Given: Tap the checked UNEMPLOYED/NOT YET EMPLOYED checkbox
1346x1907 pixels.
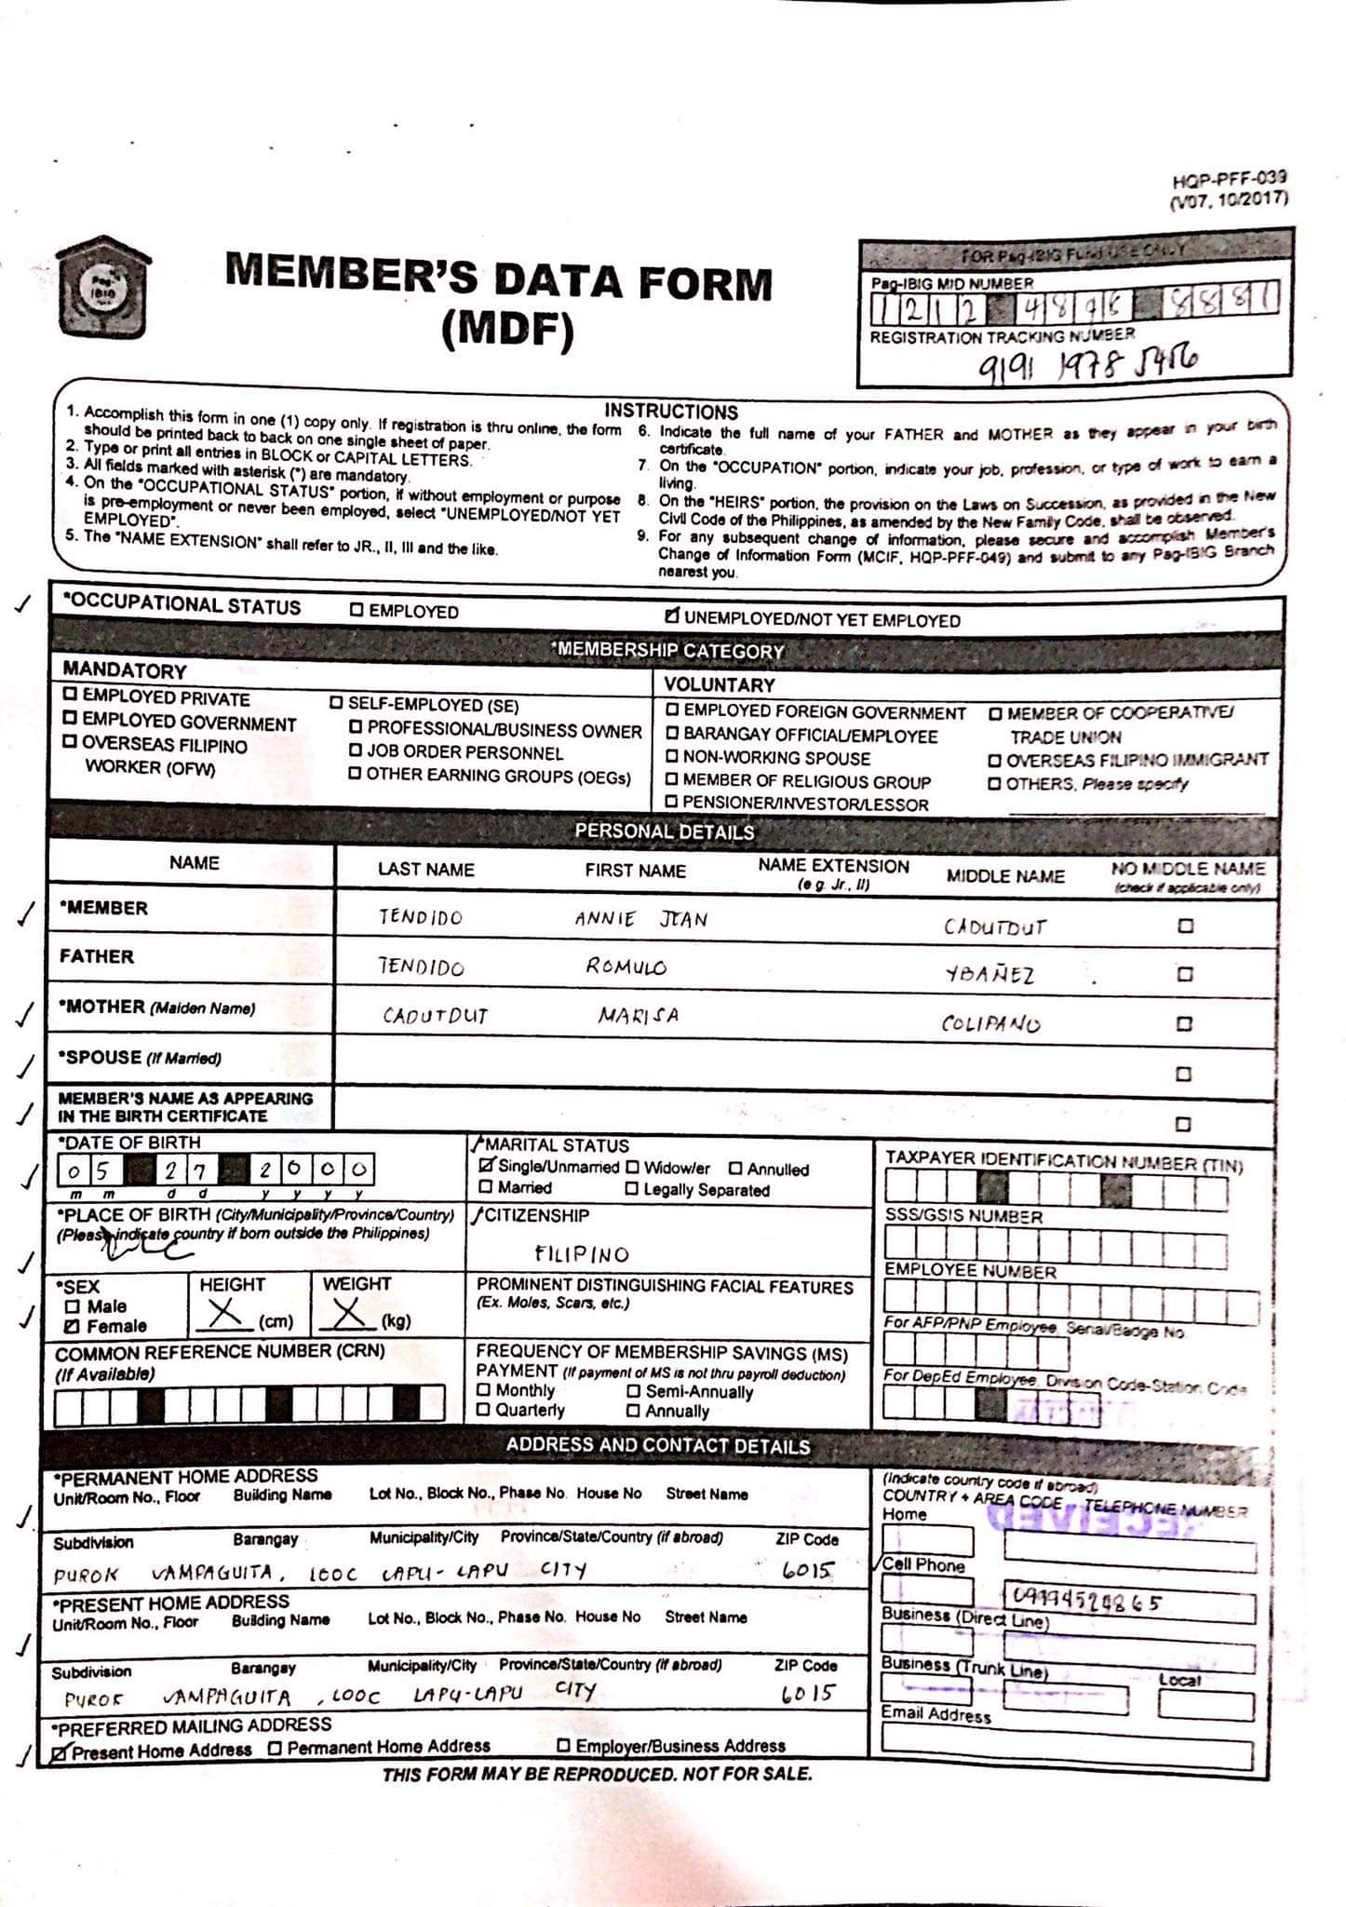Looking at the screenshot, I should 672,616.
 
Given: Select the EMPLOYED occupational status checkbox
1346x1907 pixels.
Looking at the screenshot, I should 357,611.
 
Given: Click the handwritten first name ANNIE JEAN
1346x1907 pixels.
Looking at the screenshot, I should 641,919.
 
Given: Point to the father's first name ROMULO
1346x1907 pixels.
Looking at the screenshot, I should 626,967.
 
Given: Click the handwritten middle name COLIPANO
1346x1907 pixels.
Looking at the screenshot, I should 990,1023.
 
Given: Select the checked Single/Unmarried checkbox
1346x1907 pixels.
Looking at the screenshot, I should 486,1166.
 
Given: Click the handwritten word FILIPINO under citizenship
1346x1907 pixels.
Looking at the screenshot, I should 582,1254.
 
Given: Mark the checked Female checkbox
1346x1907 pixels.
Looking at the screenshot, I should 72,1327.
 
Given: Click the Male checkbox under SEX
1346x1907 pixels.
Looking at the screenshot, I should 72,1306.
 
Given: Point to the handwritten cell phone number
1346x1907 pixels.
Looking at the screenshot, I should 1086,1601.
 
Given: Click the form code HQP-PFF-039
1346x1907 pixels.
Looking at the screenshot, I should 1229,180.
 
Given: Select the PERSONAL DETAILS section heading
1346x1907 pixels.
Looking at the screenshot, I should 664,832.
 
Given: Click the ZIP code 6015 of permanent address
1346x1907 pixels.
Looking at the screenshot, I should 807,1570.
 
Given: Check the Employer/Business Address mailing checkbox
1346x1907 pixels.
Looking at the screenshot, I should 563,1746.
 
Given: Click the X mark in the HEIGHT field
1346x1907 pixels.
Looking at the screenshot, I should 224,1315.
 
